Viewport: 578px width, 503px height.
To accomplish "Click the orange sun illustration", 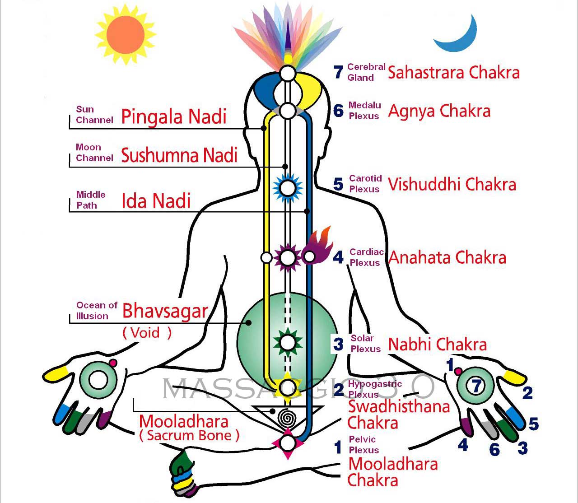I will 126,35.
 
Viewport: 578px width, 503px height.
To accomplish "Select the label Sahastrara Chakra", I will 453,72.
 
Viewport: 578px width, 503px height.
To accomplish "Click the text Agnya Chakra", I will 439,111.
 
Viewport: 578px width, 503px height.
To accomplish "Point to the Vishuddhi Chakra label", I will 452,184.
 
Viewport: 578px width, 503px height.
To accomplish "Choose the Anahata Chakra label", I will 447,257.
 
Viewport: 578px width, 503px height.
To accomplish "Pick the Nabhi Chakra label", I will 437,344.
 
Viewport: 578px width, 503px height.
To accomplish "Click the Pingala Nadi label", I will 173,116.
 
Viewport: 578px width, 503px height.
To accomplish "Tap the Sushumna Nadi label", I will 179,155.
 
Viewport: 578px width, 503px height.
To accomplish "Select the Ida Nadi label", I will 156,201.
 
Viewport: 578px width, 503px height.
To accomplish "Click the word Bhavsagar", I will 165,311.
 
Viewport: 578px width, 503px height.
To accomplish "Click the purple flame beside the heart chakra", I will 320,246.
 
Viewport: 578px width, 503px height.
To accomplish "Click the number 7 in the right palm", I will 476,386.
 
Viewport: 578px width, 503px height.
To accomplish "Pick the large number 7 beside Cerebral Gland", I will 339,72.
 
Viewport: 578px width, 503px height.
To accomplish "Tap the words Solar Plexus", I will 365,344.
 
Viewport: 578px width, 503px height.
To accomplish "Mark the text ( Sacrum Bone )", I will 189,435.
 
